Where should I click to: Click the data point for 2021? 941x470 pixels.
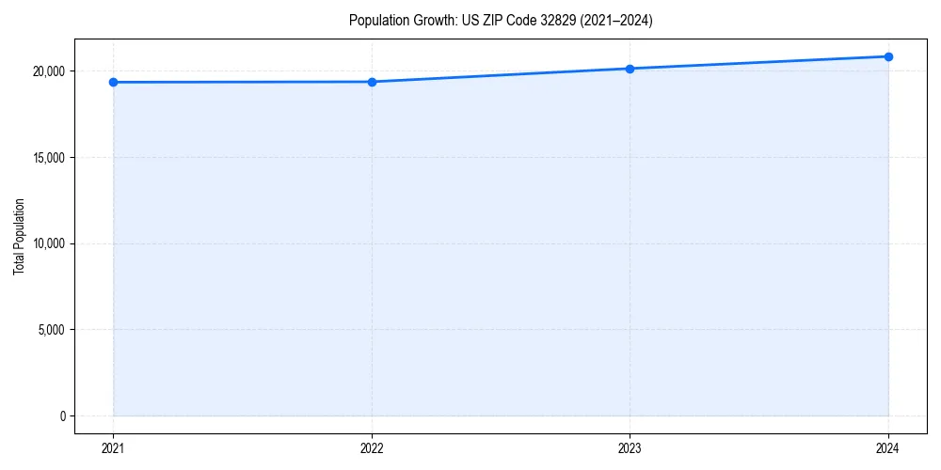(x=113, y=82)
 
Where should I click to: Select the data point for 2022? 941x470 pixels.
(x=372, y=82)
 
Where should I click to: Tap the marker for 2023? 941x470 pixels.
(x=630, y=69)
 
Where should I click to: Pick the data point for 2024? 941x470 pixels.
(x=888, y=56)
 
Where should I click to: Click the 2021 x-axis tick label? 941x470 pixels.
(x=113, y=447)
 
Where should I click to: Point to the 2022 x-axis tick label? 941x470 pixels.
(x=372, y=447)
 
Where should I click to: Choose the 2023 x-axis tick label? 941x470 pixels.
(x=630, y=447)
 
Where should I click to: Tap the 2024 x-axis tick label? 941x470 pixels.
(x=888, y=447)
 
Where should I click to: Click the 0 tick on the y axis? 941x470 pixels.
(x=61, y=415)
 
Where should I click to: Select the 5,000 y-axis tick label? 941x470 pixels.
(x=50, y=330)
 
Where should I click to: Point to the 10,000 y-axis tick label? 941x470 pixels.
(x=47, y=243)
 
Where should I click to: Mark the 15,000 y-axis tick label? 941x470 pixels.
(x=47, y=157)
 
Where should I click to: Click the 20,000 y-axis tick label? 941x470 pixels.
(x=47, y=71)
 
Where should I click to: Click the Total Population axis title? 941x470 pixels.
(x=19, y=236)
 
